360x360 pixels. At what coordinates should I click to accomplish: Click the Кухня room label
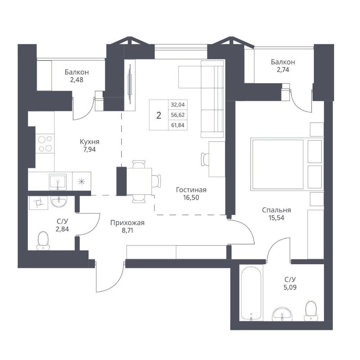[90, 141]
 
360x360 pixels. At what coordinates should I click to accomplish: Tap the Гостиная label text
[191, 190]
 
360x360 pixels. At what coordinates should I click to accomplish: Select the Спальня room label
[276, 210]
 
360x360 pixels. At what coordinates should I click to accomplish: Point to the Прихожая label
[127, 223]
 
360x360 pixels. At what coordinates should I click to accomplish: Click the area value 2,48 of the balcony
[77, 80]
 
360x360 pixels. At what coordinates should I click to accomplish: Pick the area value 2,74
[283, 69]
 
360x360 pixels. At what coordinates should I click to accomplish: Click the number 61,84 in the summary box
[178, 125]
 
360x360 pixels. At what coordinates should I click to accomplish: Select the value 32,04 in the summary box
[178, 105]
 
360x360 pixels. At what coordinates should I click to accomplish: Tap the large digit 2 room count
[159, 115]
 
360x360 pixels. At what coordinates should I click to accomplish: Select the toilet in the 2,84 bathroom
[43, 240]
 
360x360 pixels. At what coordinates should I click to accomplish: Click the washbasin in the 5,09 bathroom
[282, 314]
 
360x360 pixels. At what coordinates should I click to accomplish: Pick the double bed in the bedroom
[287, 164]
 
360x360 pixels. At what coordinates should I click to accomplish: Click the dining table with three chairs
[139, 181]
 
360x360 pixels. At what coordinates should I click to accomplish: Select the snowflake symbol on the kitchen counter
[81, 182]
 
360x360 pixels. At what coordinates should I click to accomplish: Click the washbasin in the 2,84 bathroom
[59, 201]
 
